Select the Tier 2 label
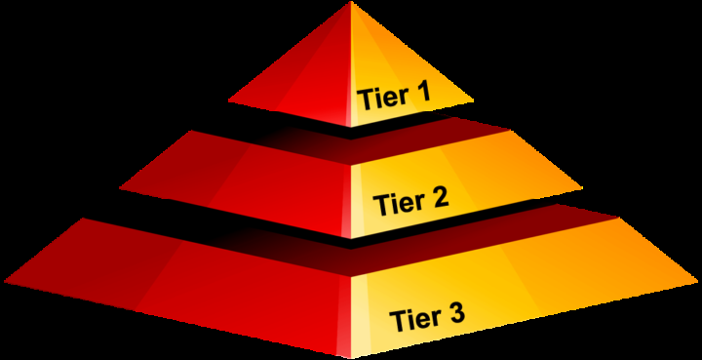(410, 203)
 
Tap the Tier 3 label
(427, 317)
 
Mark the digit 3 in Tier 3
(455, 315)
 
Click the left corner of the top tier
(228, 100)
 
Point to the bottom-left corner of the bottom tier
(3, 282)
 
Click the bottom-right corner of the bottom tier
(698, 282)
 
